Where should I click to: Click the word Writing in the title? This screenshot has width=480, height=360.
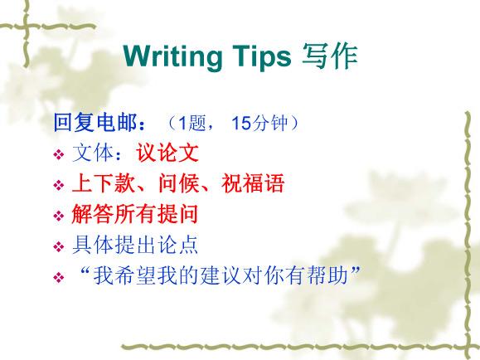point(172,57)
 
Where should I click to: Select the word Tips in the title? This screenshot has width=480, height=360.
point(262,57)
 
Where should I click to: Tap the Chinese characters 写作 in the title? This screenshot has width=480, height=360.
point(330,56)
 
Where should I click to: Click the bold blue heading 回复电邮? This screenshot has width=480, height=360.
point(95,122)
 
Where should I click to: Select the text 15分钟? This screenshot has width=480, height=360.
point(259,123)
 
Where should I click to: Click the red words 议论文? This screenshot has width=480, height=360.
point(167,153)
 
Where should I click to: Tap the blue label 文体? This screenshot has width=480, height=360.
point(93,153)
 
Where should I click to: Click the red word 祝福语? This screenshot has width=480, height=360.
point(253,183)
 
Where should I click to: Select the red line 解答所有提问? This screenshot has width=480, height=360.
point(135,214)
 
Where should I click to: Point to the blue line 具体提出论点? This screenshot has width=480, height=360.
point(135,245)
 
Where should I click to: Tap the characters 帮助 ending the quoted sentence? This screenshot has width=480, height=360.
point(327,275)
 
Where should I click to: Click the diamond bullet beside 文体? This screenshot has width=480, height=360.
point(59,154)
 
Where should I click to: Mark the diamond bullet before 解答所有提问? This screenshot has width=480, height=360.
point(59,216)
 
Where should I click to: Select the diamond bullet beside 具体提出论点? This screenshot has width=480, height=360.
point(59,246)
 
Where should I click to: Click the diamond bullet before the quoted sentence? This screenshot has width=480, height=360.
point(59,278)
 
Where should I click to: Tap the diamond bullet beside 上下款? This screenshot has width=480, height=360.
point(59,185)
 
